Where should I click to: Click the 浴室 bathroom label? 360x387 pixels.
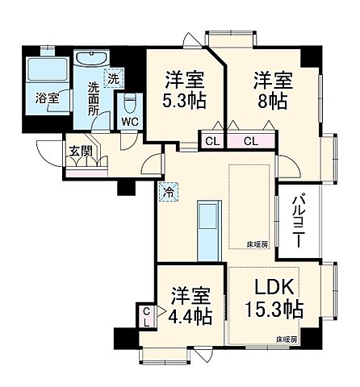pos(47,98)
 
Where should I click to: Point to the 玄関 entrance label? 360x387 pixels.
pos(79,151)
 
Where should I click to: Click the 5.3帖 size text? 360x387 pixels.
pos(185,102)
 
